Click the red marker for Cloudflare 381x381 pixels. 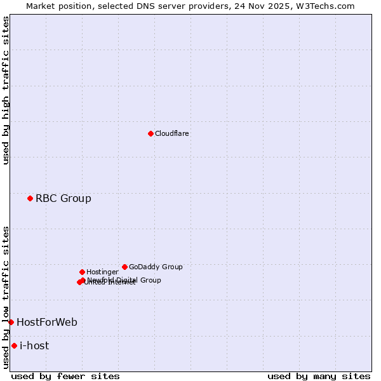pos(150,133)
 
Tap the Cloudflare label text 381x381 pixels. pos(171,133)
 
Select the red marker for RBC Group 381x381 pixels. pos(30,199)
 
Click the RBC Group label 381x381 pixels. pos(63,199)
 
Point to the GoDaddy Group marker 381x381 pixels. pos(124,267)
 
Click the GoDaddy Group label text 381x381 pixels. pos(155,267)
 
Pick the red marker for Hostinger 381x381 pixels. pos(82,272)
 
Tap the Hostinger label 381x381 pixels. pos(102,272)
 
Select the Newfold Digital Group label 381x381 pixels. pos(124,280)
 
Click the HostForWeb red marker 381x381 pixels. pos(11,323)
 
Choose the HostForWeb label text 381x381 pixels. pos(46,323)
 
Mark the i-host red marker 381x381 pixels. pos(14,346)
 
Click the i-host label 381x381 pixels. pos(34,346)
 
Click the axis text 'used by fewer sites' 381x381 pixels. pos(65,376)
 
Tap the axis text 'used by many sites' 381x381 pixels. pos(319,376)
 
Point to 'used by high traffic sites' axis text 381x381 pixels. pos(6,90)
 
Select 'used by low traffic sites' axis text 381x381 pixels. pos(6,297)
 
